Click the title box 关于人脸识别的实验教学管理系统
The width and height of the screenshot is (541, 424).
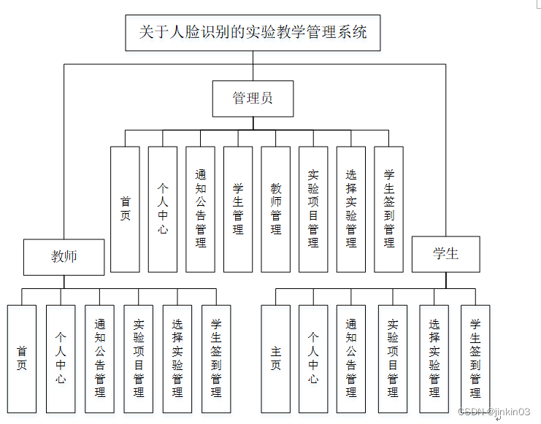(253, 33)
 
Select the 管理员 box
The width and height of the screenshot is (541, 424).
(253, 99)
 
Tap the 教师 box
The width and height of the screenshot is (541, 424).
(64, 256)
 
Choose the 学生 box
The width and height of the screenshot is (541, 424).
(445, 254)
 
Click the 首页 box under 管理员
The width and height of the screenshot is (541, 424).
(125, 209)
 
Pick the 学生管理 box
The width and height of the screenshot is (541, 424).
(238, 209)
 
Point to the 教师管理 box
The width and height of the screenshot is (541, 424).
(276, 209)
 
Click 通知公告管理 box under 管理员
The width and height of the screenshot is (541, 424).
(201, 209)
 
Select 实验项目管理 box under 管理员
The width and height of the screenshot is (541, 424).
(313, 209)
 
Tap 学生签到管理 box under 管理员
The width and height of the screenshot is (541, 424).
(388, 209)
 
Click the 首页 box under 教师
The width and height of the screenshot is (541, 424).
(22, 358)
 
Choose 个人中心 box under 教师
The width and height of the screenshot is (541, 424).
(61, 358)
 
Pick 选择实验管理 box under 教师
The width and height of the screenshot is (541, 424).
(177, 358)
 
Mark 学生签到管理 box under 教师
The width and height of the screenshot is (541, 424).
(216, 358)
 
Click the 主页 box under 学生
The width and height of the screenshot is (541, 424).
(275, 358)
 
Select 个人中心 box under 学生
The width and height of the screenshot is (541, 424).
(313, 358)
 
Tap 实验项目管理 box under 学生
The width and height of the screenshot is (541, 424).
(393, 358)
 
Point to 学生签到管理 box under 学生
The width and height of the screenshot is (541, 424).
(475, 358)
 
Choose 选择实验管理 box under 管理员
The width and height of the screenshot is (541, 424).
(351, 209)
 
